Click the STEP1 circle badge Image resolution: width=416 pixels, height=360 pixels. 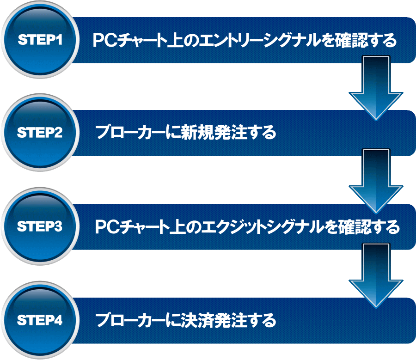pyautogui.click(x=40, y=40)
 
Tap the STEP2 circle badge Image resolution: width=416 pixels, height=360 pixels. pyautogui.click(x=40, y=133)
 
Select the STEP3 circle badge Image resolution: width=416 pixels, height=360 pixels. pyautogui.click(x=40, y=227)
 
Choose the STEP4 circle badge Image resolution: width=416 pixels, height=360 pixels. pyautogui.click(x=40, y=320)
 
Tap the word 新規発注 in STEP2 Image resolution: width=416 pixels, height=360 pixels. pyautogui.click(x=216, y=134)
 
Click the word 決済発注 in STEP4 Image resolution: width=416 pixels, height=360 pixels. pyautogui.click(x=216, y=320)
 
